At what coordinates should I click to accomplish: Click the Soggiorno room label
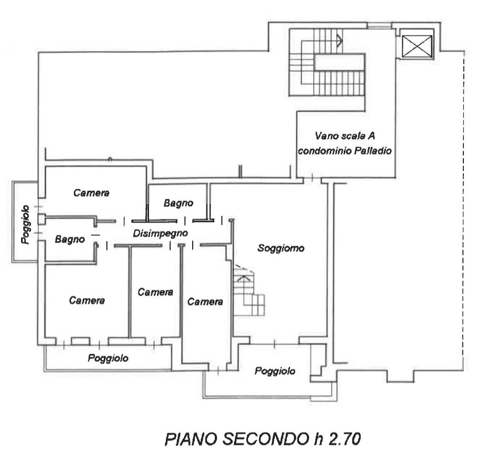(281, 248)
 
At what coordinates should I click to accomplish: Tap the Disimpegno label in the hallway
(161, 233)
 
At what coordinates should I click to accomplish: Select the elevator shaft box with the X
(417, 46)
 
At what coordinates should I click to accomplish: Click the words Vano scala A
(345, 136)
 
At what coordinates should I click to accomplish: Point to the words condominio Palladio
(345, 151)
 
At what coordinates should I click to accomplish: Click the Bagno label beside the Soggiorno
(178, 203)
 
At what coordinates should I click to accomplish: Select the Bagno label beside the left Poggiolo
(70, 239)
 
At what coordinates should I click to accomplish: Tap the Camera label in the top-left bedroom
(91, 192)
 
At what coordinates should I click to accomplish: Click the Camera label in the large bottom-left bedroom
(87, 300)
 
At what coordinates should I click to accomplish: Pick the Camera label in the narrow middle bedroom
(155, 292)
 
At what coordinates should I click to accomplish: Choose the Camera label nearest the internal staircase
(205, 301)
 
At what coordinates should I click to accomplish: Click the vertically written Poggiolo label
(26, 225)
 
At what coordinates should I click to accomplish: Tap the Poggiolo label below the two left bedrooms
(108, 358)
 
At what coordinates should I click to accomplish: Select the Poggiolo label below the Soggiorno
(275, 371)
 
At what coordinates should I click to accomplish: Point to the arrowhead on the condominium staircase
(340, 40)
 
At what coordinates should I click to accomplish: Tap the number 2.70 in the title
(344, 440)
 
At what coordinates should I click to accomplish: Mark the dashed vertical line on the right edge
(464, 205)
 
